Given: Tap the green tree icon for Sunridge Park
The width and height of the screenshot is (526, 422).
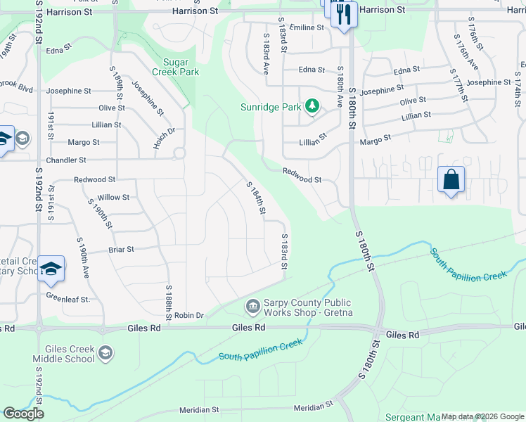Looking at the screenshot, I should [312, 107].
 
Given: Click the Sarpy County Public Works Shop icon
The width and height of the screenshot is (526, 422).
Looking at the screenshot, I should [252, 307].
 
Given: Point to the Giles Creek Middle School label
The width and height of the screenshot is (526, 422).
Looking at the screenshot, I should [70, 354].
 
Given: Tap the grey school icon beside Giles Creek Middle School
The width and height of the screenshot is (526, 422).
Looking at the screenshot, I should [105, 352].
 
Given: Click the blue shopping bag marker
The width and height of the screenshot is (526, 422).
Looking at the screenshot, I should [451, 179].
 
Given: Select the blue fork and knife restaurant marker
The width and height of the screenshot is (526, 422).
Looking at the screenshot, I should [343, 13].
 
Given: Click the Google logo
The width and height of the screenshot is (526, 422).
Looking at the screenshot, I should [23, 414].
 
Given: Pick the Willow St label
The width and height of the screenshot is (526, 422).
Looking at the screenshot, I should [113, 198].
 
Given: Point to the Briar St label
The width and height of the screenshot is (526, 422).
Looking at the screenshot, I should [121, 249].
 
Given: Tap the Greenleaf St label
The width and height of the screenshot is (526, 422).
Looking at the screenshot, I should [69, 299].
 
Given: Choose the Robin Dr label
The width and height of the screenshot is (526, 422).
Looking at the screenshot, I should [188, 316].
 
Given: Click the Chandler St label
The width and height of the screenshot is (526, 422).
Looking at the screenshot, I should [66, 160].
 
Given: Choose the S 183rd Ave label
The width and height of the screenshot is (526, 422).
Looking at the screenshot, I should [267, 56].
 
